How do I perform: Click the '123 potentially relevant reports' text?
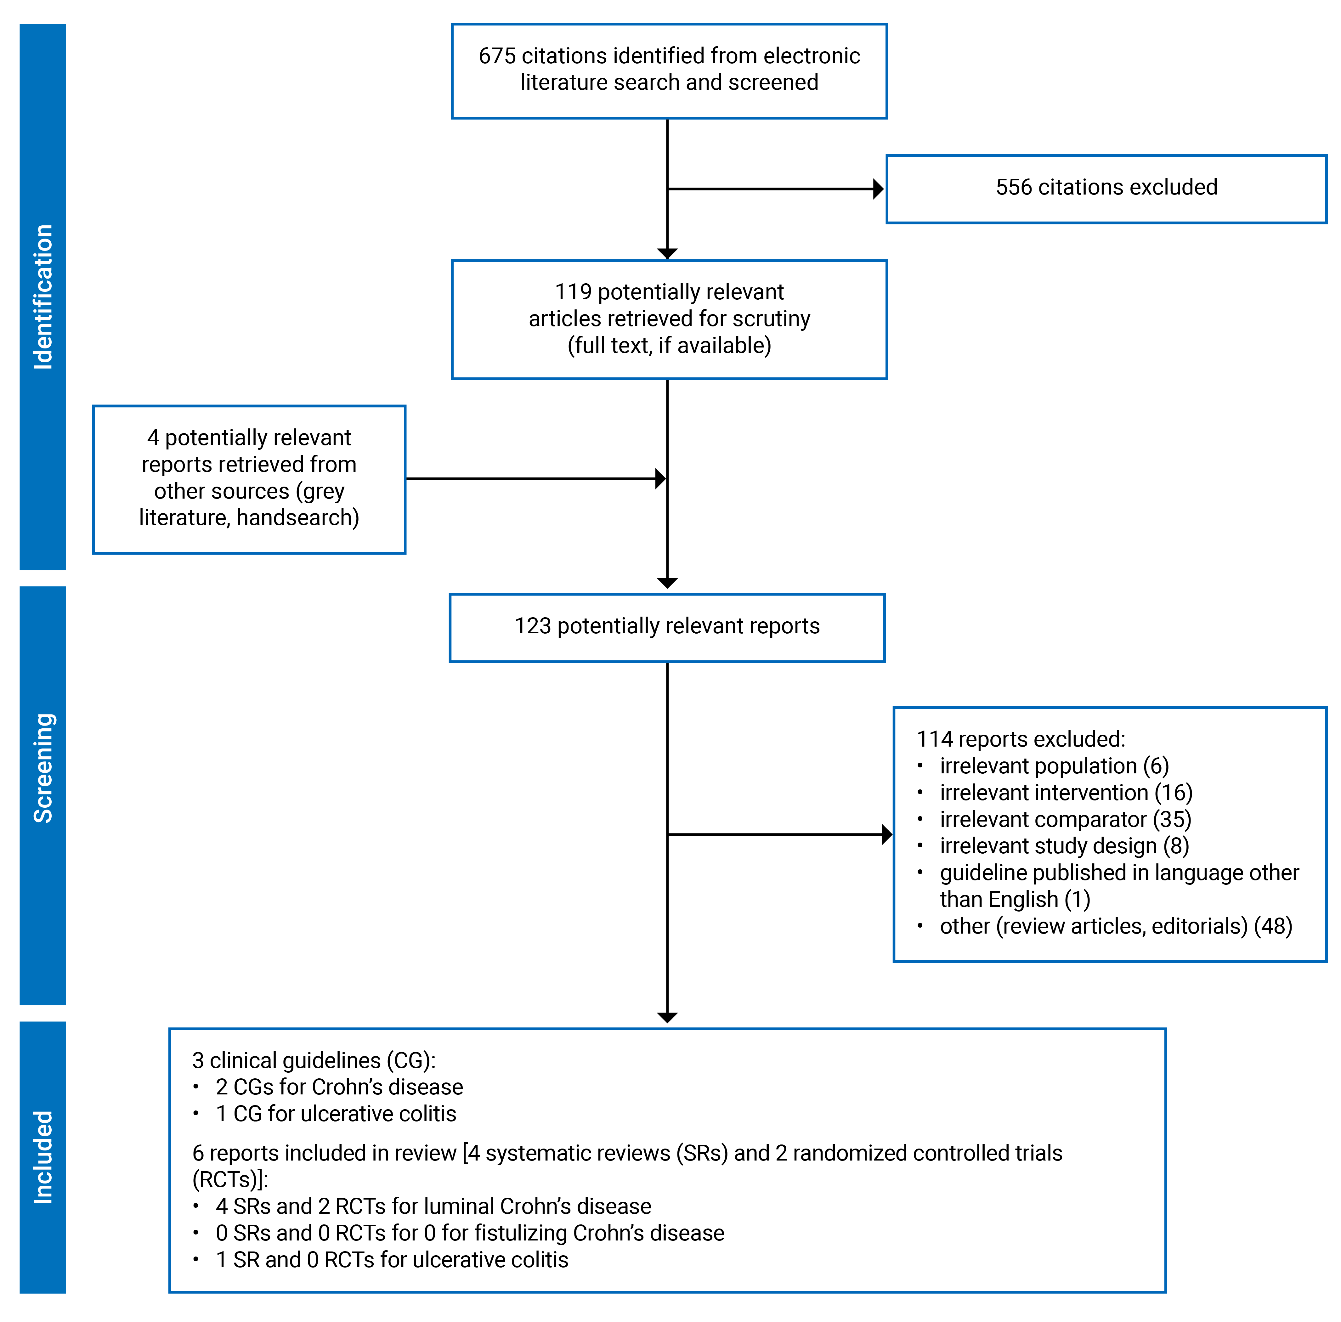(x=667, y=626)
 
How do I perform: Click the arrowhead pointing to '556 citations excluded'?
(x=878, y=189)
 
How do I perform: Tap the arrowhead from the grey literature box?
(x=660, y=479)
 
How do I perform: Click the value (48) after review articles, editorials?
(x=1272, y=926)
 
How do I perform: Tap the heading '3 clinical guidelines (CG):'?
(x=314, y=1060)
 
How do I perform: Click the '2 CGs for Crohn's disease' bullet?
(x=339, y=1087)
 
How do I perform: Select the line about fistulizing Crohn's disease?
(x=469, y=1233)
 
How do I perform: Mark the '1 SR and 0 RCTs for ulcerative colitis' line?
(x=392, y=1260)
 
